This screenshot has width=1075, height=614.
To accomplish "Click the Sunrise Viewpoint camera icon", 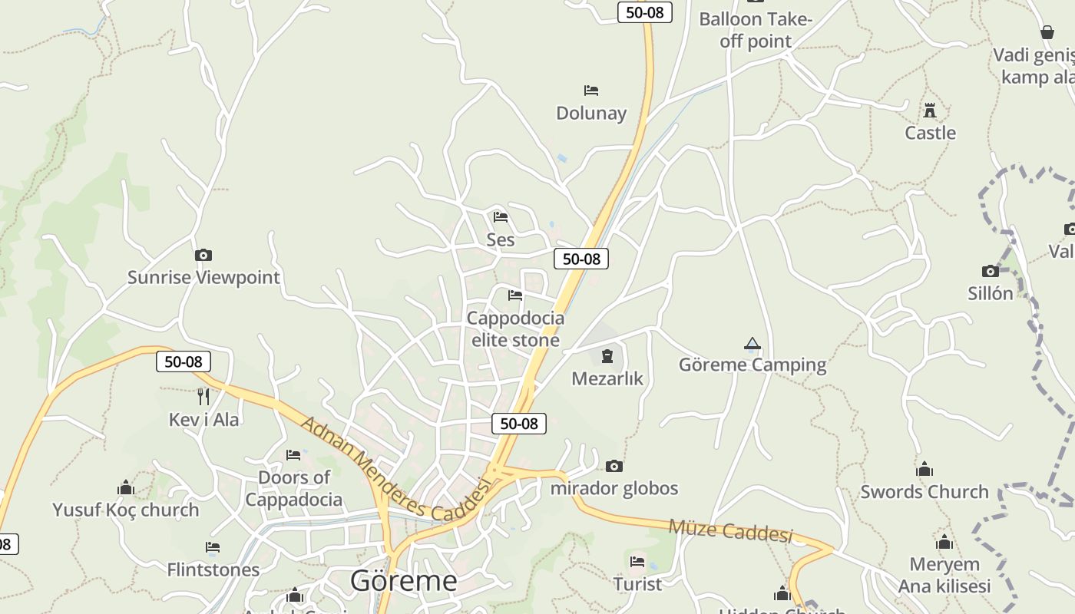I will (x=203, y=256).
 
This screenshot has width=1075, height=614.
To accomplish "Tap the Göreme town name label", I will (x=403, y=581).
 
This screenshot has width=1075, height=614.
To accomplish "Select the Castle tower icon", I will (x=930, y=111).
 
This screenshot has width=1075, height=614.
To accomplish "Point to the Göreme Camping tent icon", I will (x=752, y=344).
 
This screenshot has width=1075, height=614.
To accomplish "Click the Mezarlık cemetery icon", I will (x=607, y=356).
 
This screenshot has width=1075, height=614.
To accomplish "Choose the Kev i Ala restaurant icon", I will (x=203, y=397).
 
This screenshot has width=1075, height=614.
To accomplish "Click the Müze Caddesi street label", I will (x=730, y=530).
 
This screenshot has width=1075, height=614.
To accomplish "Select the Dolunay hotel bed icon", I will (x=591, y=91).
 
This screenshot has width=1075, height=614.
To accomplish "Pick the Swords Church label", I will (x=925, y=492).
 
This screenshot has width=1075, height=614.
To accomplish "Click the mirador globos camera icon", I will (x=614, y=466).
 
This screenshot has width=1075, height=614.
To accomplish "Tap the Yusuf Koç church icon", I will (x=126, y=487).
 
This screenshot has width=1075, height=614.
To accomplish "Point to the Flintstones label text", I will (x=213, y=569).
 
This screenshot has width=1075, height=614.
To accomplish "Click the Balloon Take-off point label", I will (x=756, y=30).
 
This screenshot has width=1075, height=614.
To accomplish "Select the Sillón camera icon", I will (x=991, y=271).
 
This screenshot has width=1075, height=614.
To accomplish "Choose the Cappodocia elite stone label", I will (x=515, y=328).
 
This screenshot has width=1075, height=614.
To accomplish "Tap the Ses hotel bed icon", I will (x=501, y=217).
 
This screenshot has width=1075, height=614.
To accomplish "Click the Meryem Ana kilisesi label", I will (x=944, y=575).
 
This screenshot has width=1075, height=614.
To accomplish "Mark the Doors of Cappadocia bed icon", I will (x=293, y=455).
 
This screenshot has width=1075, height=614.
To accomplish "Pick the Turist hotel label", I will (x=637, y=584).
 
